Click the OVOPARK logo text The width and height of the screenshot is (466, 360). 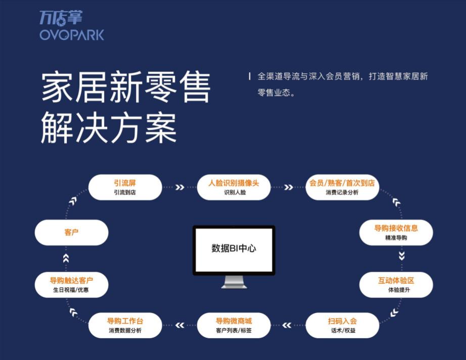(72, 35)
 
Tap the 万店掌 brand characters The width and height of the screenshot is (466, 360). (61, 18)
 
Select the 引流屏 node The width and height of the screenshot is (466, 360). (125, 187)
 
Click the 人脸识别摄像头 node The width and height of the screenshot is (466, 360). (234, 187)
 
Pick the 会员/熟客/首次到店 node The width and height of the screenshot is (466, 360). (342, 187)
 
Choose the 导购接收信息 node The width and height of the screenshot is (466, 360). (396, 232)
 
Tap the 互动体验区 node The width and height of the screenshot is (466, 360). (396, 285)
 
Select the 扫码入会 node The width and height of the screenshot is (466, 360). (342, 325)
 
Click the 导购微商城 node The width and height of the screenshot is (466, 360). (234, 325)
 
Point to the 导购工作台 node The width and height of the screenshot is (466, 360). (125, 325)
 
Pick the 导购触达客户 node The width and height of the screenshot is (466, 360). (71, 285)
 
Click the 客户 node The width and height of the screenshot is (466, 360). (71, 232)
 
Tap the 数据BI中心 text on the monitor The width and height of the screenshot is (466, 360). (234, 248)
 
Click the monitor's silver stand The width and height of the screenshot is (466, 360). (234, 282)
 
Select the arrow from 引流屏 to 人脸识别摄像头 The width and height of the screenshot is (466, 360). (180, 187)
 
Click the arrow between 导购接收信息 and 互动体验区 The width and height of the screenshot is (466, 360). (401, 256)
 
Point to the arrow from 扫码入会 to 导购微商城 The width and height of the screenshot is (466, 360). (287, 325)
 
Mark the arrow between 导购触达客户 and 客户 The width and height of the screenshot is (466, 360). (66, 258)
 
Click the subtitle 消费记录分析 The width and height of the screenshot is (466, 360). (342, 192)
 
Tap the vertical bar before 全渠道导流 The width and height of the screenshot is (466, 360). (250, 76)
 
